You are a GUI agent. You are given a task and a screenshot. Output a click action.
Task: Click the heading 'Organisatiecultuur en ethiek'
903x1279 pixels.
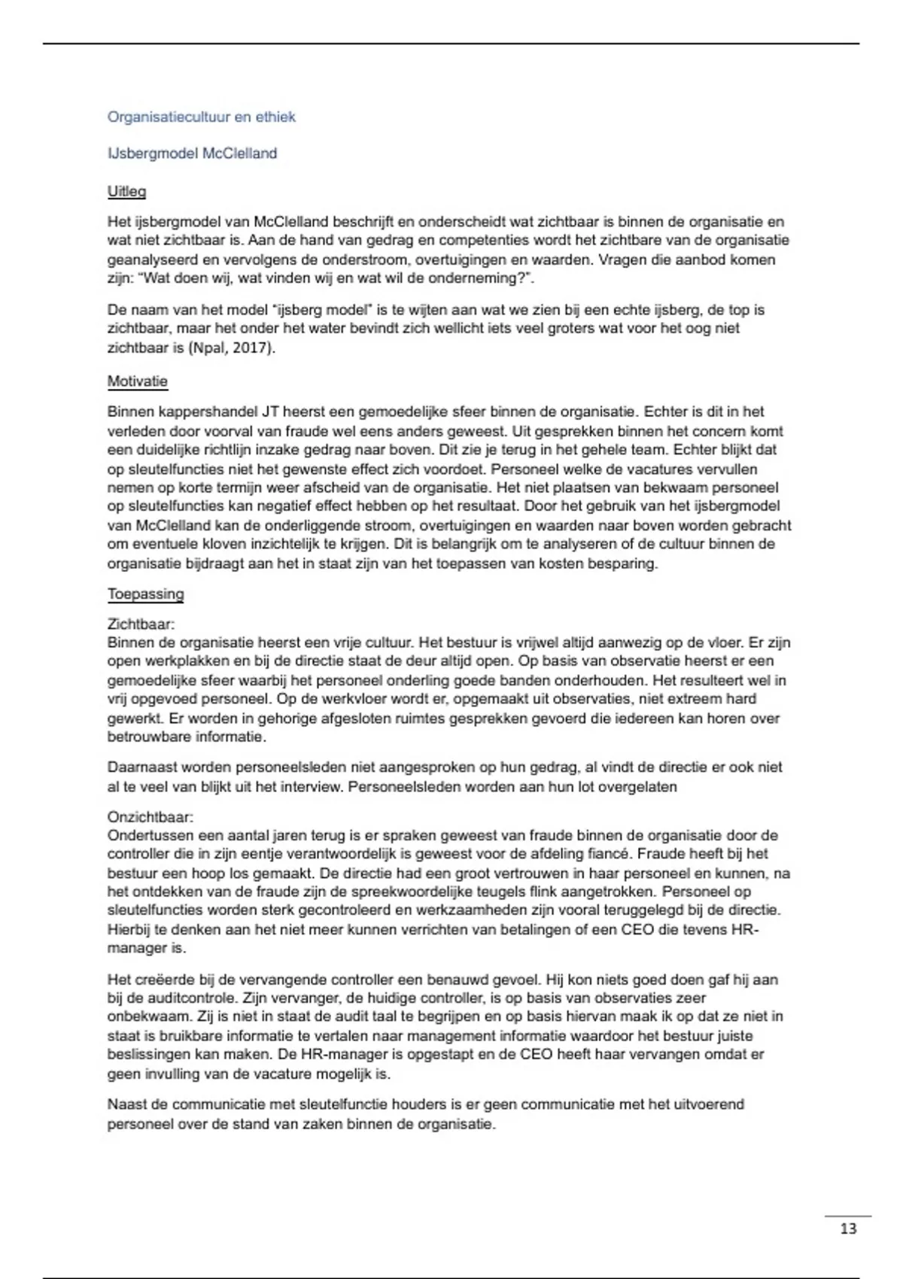(201, 117)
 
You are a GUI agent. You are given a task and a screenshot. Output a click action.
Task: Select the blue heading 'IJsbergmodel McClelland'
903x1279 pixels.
(192, 153)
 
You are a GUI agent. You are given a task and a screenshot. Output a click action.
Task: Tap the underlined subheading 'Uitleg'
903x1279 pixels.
(126, 191)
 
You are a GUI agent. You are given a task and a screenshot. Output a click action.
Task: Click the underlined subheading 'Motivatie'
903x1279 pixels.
(137, 381)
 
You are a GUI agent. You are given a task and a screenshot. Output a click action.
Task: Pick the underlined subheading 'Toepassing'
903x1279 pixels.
(145, 594)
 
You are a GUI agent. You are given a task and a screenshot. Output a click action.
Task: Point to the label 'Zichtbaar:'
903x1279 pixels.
(141, 624)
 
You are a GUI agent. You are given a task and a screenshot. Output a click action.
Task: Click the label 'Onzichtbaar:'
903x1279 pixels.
(150, 817)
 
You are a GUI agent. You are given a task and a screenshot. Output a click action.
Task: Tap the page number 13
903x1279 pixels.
(848, 1229)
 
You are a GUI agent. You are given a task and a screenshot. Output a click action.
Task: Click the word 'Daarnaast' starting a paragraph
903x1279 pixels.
(143, 767)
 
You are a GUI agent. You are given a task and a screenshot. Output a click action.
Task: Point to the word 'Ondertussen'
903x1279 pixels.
(150, 835)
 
